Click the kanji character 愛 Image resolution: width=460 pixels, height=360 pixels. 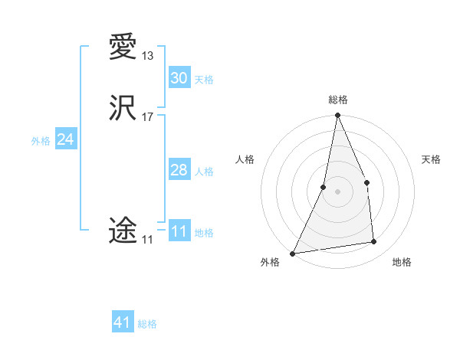(123, 48)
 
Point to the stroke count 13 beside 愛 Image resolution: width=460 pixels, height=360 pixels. (147, 56)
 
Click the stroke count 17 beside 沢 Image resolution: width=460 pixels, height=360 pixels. (147, 117)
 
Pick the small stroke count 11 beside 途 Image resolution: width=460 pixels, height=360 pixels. (147, 240)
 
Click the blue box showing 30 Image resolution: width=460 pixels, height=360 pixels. (179, 78)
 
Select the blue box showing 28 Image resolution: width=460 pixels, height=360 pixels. (179, 170)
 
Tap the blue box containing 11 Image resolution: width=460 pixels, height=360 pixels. (179, 231)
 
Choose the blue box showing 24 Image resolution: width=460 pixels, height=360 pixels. (66, 139)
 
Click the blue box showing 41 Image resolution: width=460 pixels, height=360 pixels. (123, 322)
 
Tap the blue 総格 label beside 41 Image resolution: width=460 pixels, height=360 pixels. (147, 324)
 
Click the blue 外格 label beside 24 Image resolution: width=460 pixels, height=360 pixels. (41, 141)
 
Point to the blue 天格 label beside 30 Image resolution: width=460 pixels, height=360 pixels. (204, 80)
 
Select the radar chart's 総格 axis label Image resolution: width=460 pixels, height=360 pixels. (337, 100)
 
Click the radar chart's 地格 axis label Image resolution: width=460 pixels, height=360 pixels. (402, 263)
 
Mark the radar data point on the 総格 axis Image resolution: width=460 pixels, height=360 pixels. (337, 116)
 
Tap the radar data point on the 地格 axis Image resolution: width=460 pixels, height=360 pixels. (374, 242)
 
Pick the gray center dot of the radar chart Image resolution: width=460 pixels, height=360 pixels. (337, 191)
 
